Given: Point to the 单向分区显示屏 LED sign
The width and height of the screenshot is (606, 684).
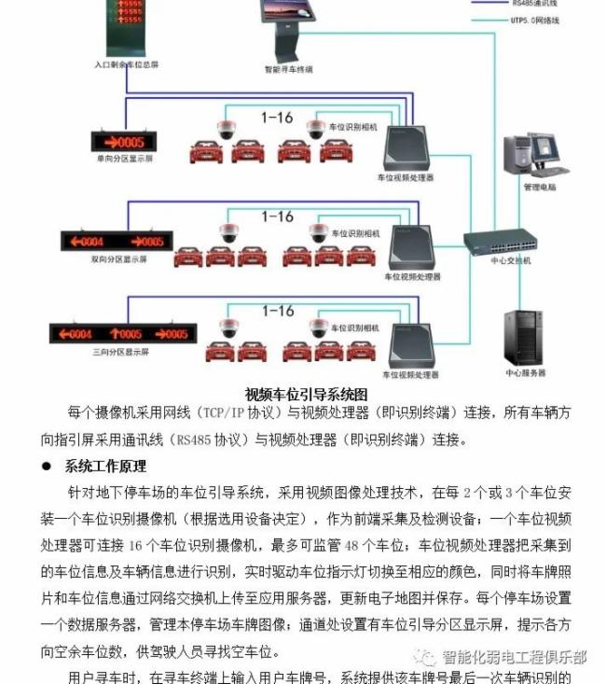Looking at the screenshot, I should coord(124,142).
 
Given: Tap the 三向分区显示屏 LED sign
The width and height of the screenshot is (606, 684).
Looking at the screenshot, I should coord(124,333).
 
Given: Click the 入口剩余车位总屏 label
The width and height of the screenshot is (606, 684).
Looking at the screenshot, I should coord(127,65).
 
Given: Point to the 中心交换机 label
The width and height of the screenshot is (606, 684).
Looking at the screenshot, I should coord(511,261).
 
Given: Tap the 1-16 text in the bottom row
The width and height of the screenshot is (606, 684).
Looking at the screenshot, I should coord(278,312).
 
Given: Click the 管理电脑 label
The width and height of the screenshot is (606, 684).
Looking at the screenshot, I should coord(539,187).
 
